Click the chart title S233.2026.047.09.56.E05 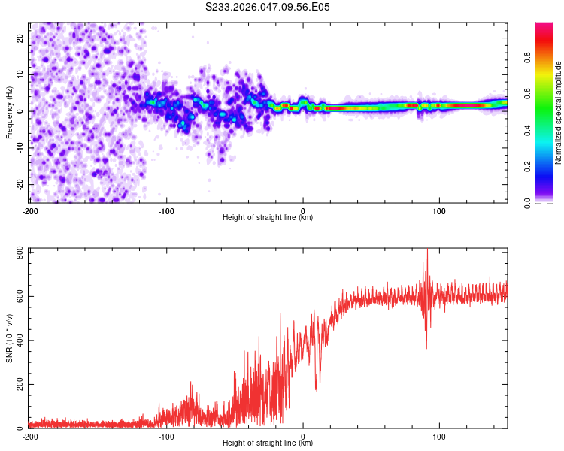[268, 7]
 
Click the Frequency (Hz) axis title [9, 113]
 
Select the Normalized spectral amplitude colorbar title [559, 113]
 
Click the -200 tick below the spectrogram [30, 210]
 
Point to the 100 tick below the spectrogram [439, 210]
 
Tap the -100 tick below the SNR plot [166, 436]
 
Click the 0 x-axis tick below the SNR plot [303, 436]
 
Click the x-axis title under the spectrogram [268, 218]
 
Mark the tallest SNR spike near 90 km [427, 251]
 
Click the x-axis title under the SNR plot [268, 443]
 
